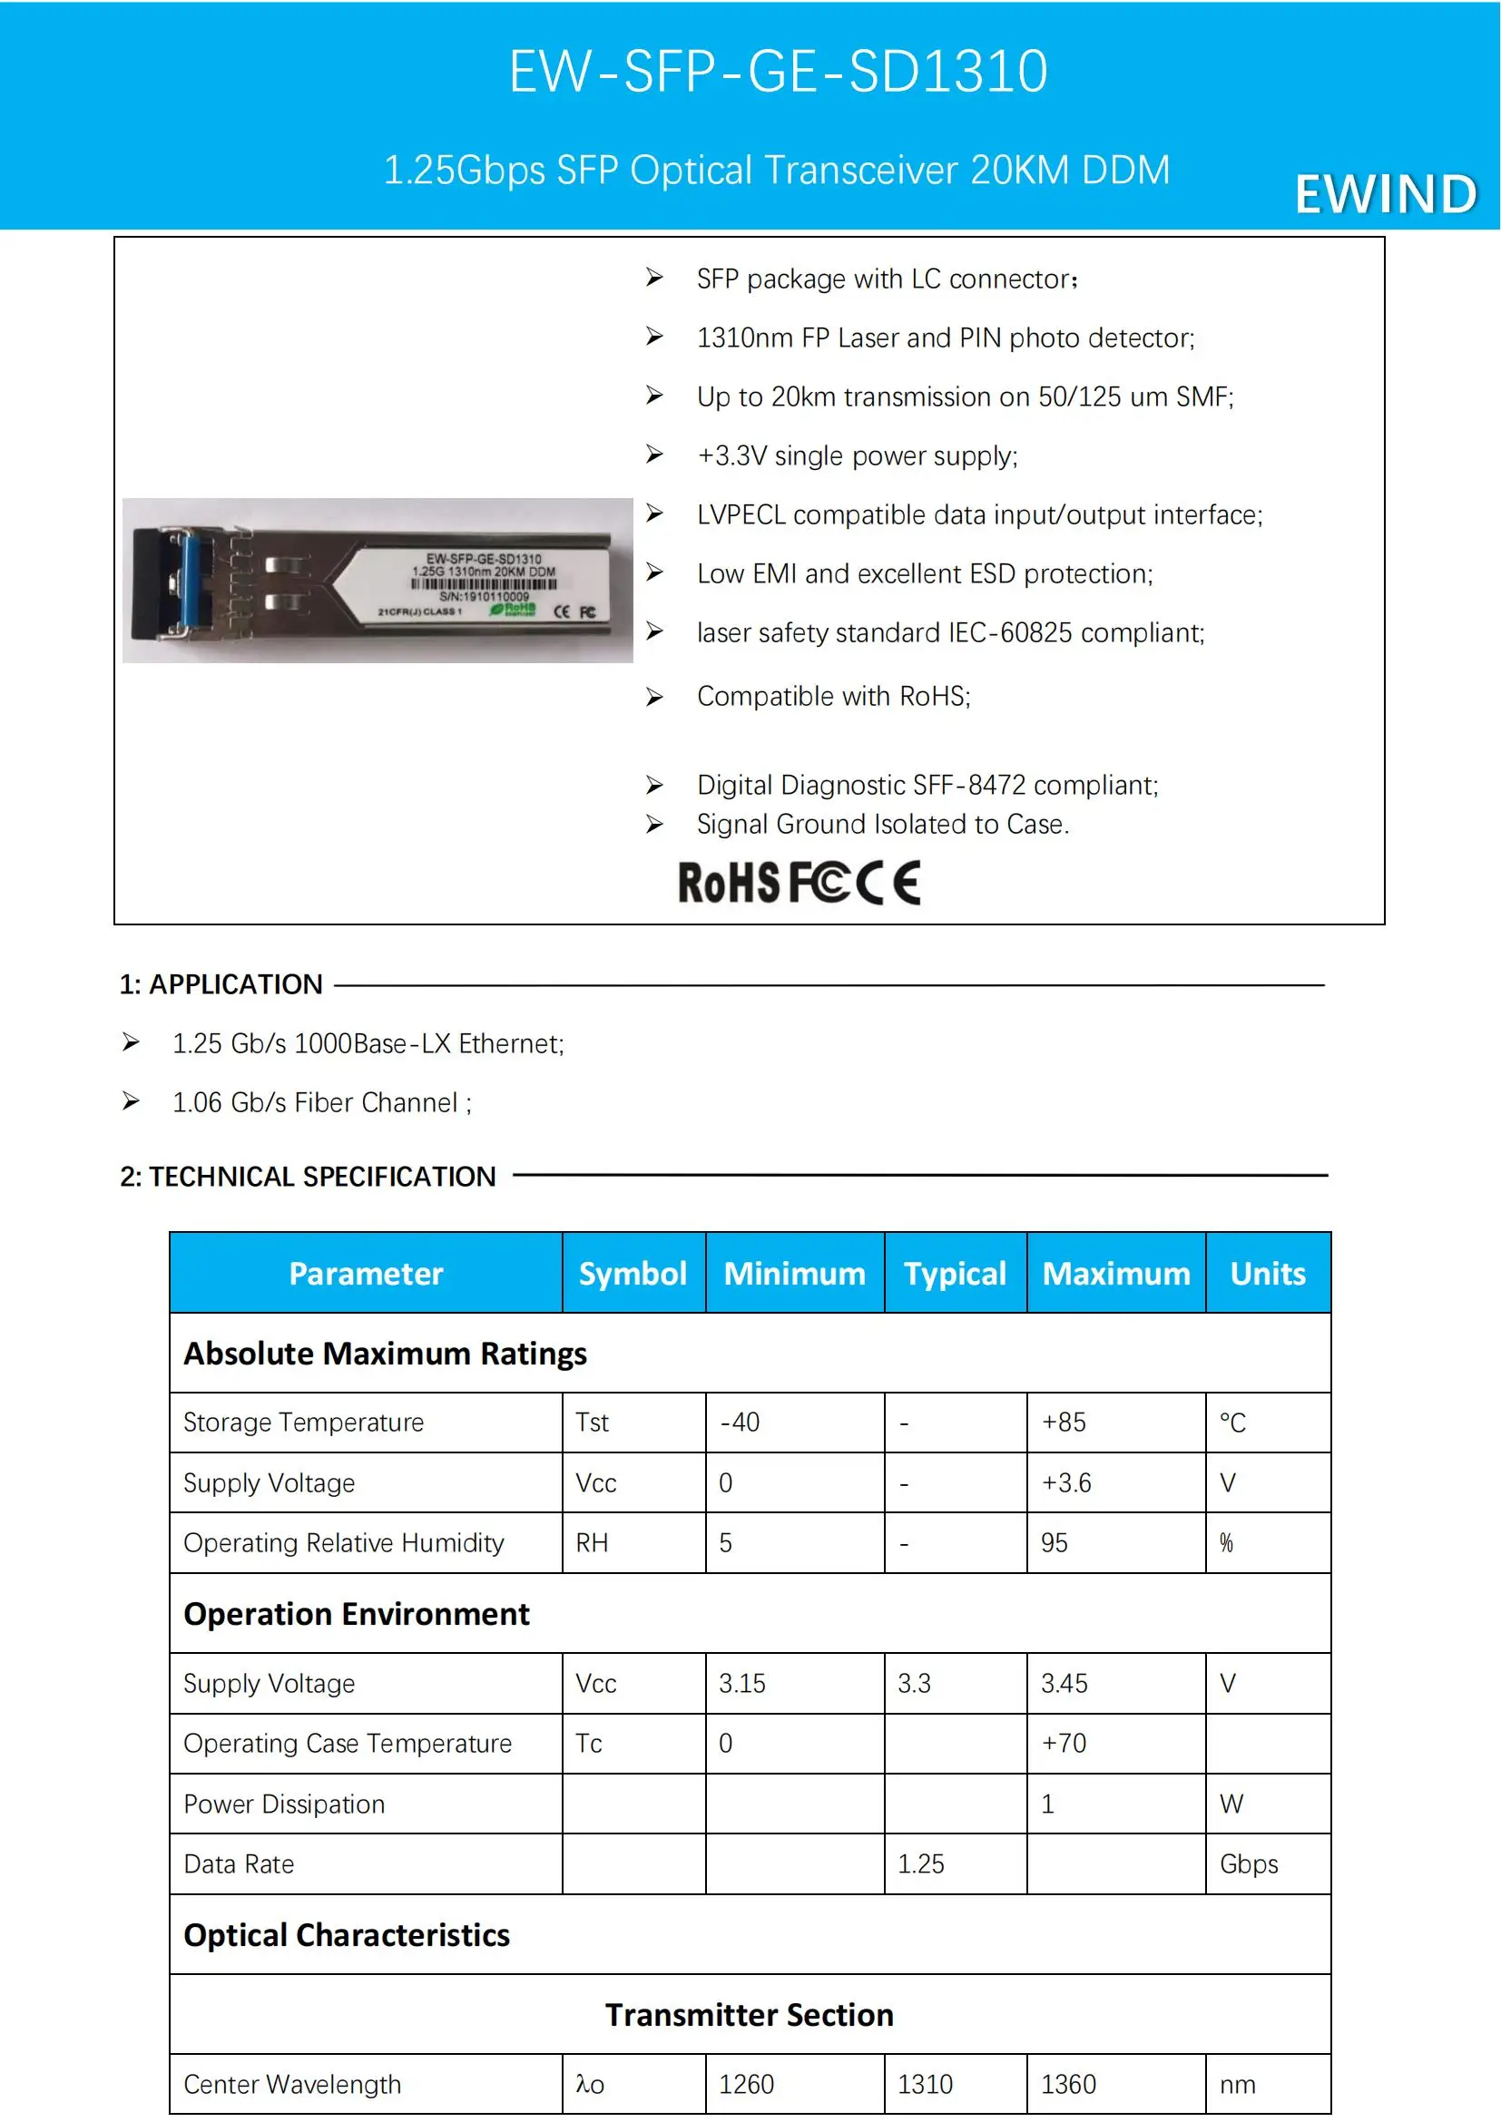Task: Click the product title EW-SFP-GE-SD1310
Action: (779, 71)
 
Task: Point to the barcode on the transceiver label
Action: (484, 585)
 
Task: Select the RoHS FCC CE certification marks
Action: (799, 883)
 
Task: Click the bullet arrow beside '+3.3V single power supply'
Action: (654, 455)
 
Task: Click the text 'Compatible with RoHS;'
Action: (833, 696)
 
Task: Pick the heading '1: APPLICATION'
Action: (221, 984)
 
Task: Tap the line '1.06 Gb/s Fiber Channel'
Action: (320, 1102)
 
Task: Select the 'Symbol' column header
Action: (633, 1274)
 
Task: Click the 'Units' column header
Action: (1267, 1274)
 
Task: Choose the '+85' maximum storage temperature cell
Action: (1064, 1423)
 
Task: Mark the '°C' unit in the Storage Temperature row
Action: (1232, 1423)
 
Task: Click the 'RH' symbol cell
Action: (592, 1542)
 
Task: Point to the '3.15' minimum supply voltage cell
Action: (742, 1683)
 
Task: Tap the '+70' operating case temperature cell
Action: (1064, 1743)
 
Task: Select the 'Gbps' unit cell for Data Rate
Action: (1249, 1864)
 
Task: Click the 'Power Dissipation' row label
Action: (284, 1804)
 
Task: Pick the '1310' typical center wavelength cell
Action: (925, 2084)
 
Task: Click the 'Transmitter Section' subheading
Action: (750, 2015)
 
